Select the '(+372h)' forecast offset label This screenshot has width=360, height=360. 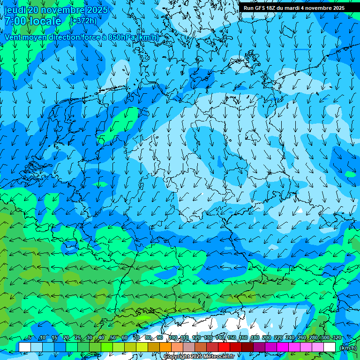83,21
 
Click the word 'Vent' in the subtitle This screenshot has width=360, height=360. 14,37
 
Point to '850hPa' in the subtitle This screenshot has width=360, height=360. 121,37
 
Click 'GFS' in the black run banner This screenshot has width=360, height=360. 262,8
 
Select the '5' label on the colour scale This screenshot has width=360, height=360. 30,337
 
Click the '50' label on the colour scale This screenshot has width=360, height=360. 112,337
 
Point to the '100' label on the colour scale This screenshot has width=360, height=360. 173,337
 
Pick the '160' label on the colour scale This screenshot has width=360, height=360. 243,337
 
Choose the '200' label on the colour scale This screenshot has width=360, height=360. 267,337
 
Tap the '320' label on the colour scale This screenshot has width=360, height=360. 337,337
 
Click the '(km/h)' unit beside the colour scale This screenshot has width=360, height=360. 348,347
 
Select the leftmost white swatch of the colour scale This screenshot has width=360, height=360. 25,347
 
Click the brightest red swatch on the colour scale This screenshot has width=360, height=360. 224,347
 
